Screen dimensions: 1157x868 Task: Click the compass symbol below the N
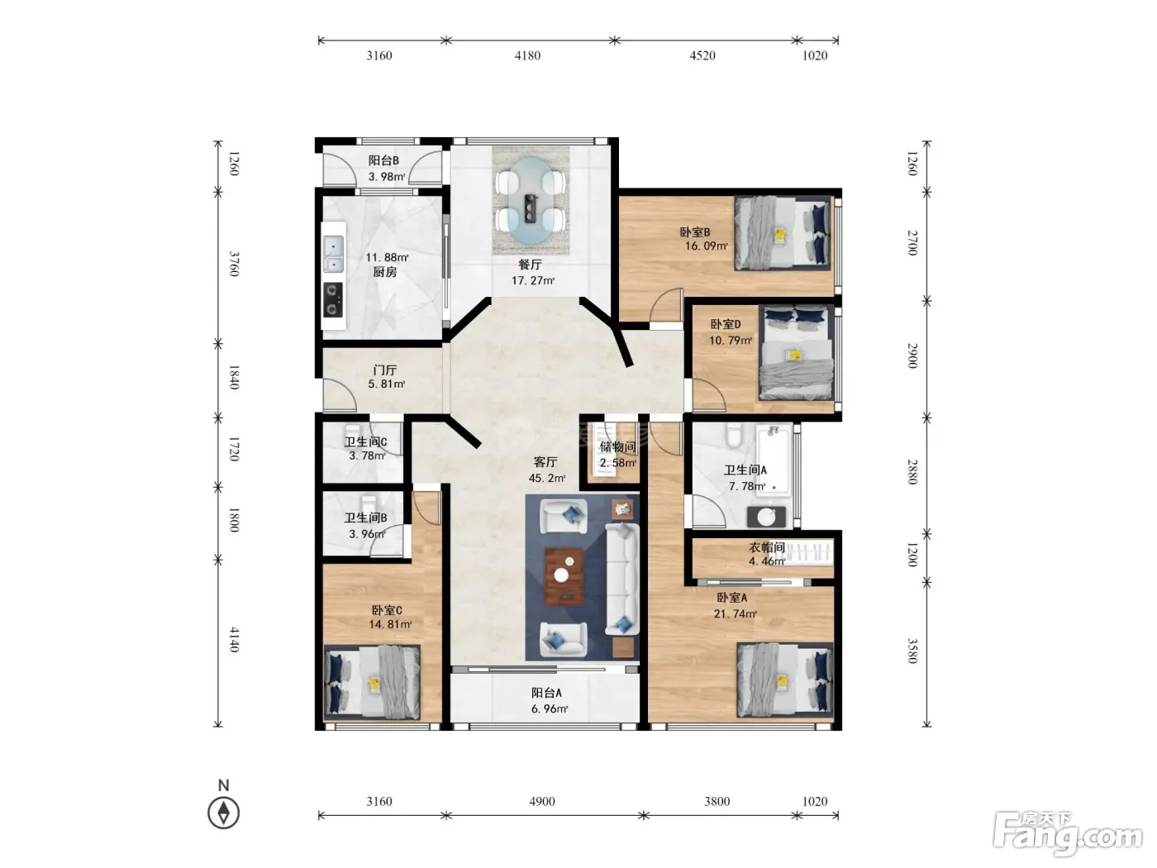[223, 812]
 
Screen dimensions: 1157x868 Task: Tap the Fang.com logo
[1068, 832]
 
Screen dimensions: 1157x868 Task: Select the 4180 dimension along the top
[527, 55]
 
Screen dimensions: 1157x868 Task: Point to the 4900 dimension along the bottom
[541, 801]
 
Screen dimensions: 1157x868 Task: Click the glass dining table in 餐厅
[531, 200]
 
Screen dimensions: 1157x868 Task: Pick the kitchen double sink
[333, 254]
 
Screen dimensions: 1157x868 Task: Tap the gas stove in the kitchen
[332, 299]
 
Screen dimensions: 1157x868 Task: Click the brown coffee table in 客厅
[564, 576]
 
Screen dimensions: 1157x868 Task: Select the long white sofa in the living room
[621, 579]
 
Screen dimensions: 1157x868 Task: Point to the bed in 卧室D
[796, 353]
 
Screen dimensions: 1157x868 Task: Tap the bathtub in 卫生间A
[774, 460]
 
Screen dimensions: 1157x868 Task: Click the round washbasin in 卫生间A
[766, 517]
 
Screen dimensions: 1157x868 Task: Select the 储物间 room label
[617, 447]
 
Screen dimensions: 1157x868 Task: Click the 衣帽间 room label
[767, 547]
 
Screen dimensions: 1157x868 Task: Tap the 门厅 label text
[385, 370]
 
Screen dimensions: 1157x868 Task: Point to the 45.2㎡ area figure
[546, 478]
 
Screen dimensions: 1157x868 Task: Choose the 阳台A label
[546, 693]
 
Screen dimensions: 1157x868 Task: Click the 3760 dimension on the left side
[234, 264]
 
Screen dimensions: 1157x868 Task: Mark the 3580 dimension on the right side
[912, 651]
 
